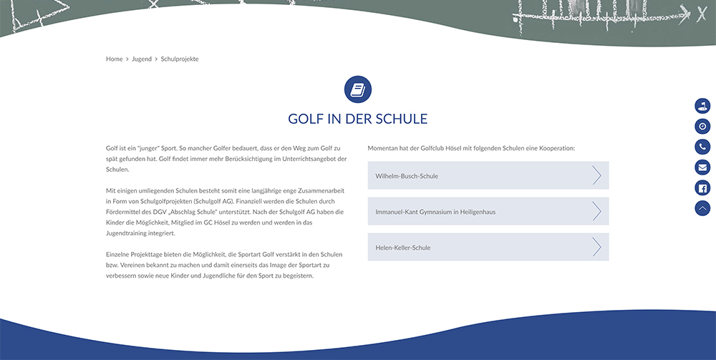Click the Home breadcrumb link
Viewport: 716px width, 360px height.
point(115,59)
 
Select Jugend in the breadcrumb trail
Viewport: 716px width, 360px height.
point(142,59)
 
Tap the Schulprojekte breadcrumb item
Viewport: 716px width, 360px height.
point(180,59)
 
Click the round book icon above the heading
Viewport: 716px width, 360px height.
point(358,89)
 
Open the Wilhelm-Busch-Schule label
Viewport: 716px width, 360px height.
point(407,176)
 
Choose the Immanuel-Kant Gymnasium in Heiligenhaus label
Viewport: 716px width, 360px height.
point(435,212)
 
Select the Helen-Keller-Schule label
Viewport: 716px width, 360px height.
point(403,248)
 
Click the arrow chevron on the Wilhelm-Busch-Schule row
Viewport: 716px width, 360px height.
point(596,175)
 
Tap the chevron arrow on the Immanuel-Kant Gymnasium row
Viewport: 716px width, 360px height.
point(596,211)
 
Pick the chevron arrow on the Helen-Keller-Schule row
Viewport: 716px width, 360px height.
point(596,247)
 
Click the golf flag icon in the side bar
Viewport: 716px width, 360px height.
point(702,106)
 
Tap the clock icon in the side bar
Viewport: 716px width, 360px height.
point(702,127)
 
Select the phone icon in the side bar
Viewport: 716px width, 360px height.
point(702,147)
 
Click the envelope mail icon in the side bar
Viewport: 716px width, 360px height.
point(702,167)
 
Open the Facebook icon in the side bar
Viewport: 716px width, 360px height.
point(702,188)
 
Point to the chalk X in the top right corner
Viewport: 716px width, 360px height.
point(702,12)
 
